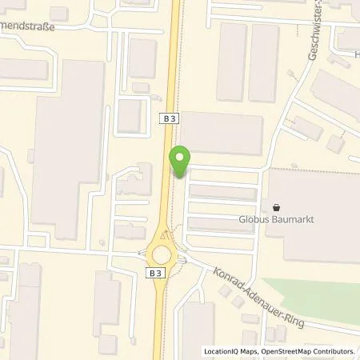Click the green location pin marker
[180, 162]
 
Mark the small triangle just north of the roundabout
[164, 237]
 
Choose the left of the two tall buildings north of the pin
[232, 62]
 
